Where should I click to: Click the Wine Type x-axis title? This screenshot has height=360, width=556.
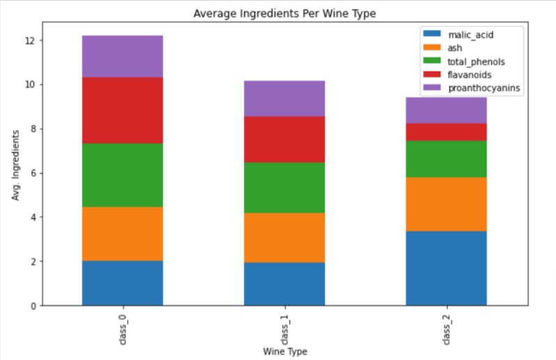click(x=284, y=352)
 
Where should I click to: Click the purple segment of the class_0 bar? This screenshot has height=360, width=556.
click(x=123, y=56)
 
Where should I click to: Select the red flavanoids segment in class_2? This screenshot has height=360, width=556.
click(x=446, y=132)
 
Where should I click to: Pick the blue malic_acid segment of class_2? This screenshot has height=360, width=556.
click(x=446, y=268)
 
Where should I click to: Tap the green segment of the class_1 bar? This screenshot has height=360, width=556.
click(x=284, y=187)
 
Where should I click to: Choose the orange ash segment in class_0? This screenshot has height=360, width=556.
click(x=123, y=234)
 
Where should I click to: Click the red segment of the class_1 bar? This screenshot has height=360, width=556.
click(x=284, y=139)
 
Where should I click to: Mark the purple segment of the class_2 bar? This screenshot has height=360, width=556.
click(x=446, y=111)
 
